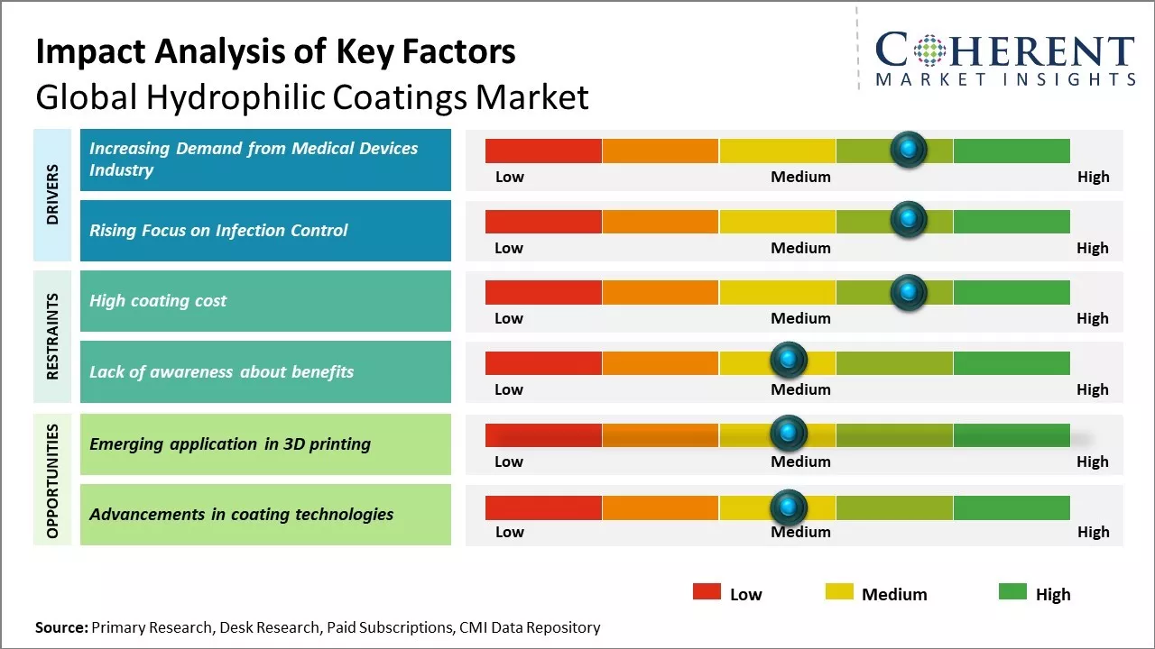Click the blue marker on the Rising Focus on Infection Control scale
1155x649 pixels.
click(x=909, y=219)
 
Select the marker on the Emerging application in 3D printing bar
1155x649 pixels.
click(x=789, y=434)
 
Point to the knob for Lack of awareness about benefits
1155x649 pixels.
click(x=789, y=360)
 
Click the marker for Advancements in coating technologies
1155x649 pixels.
click(x=789, y=507)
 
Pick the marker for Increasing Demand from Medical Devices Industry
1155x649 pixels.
click(x=909, y=149)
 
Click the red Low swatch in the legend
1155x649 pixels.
click(x=707, y=591)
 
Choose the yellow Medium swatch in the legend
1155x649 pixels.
click(x=839, y=591)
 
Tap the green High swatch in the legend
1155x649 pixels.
click(x=1012, y=591)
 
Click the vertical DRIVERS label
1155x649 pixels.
click(x=52, y=195)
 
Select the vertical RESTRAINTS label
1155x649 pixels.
click(x=52, y=335)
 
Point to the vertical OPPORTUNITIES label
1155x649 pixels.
click(x=52, y=480)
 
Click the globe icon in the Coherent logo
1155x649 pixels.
click(x=930, y=50)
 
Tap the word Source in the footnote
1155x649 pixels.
click(x=61, y=627)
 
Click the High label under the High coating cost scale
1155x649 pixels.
click(x=1092, y=318)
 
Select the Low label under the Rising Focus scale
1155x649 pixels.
click(x=509, y=248)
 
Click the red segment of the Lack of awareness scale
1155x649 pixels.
click(x=543, y=363)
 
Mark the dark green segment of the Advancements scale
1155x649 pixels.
click(x=1011, y=508)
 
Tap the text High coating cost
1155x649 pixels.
click(x=158, y=301)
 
